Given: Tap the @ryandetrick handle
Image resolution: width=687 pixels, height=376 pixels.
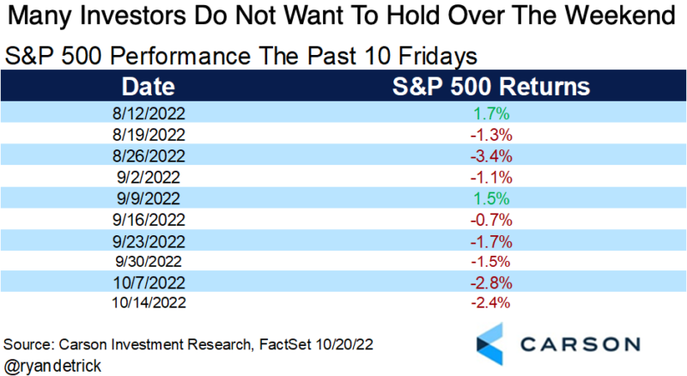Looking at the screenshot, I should coord(54,364).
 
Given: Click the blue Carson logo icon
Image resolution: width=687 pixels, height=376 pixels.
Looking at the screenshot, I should coord(494,344).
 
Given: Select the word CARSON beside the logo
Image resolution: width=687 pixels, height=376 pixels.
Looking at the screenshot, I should coord(584,344).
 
